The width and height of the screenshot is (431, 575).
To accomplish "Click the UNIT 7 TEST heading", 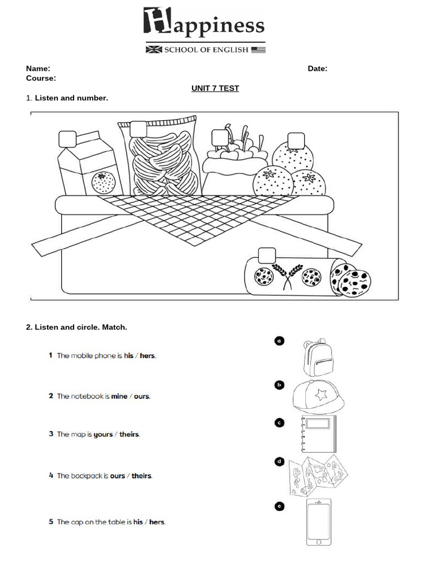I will tap(215, 88).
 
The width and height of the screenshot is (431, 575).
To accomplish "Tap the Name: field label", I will tap(38, 69).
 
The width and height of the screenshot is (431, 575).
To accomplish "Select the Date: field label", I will tap(317, 69).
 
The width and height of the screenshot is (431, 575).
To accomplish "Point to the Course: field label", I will tap(41, 78).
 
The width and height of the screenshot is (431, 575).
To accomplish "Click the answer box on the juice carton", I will tap(67, 139).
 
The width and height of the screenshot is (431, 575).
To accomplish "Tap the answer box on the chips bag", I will tap(138, 129).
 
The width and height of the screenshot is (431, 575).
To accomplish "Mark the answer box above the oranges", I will tap(296, 140).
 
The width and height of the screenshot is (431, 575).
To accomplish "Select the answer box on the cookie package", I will tap(267, 255).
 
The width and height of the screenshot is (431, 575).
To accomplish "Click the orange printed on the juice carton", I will tap(103, 182).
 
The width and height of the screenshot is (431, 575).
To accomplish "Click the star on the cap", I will tap(321, 395).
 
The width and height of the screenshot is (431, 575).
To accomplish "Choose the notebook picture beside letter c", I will tap(318, 433).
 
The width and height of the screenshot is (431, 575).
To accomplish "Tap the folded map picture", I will tap(318, 476).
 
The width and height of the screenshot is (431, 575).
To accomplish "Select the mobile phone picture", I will tap(319, 522).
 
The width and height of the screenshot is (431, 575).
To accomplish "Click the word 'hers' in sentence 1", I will tap(148, 355).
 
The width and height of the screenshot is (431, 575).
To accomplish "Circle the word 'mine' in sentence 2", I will tap(120, 396).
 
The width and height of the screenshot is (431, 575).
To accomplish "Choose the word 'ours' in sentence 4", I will tap(117, 476).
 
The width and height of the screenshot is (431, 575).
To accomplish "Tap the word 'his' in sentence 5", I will tap(138, 522).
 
